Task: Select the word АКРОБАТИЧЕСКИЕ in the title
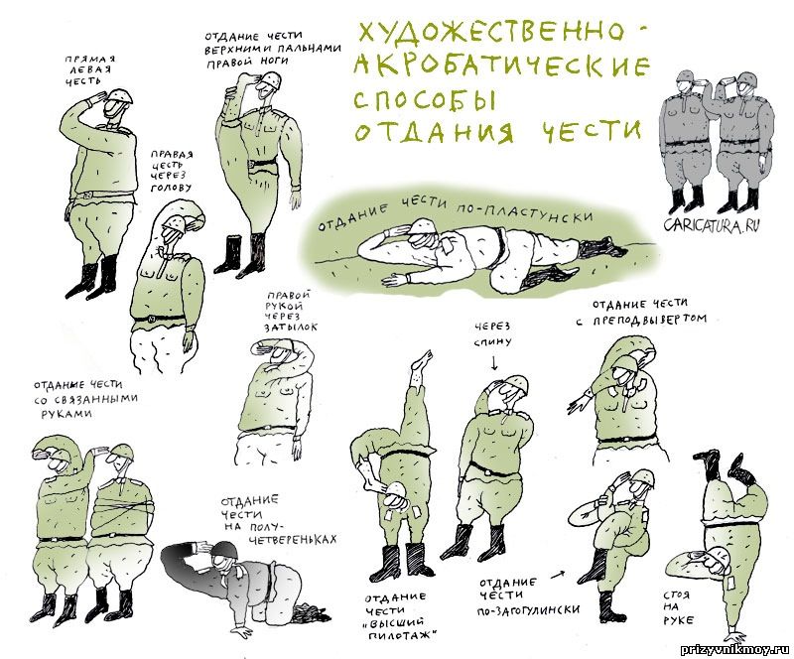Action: pyautogui.click(x=501, y=66)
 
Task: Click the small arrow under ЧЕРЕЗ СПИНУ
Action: pyautogui.click(x=494, y=362)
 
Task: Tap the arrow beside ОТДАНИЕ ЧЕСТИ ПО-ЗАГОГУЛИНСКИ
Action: pyautogui.click(x=558, y=575)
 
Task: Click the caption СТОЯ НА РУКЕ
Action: pyautogui.click(x=678, y=606)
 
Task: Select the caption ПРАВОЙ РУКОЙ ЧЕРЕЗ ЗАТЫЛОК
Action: pyautogui.click(x=290, y=311)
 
